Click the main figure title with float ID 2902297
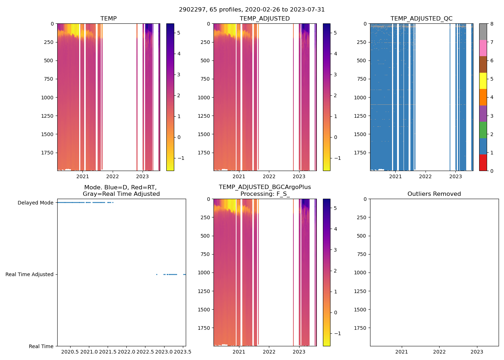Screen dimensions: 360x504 pos(252,9)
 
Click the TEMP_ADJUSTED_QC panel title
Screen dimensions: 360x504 pos(421,18)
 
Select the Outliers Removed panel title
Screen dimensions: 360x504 pos(434,194)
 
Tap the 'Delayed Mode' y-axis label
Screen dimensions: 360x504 pos(35,203)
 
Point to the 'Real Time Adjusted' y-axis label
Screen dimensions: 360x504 pos(29,274)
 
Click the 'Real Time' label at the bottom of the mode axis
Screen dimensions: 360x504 pos(41,346)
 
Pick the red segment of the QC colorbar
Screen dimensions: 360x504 pos(483,163)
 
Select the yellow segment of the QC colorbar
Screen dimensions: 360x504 pos(483,81)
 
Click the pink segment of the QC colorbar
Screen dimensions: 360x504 pos(483,48)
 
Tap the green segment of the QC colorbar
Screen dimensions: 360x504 pos(483,130)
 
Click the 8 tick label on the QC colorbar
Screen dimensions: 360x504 pos(492,24)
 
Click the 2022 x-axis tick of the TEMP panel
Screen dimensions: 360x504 pos(112,176)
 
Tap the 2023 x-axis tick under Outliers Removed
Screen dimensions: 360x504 pos(477,352)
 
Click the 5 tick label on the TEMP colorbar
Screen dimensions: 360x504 pos(179,33)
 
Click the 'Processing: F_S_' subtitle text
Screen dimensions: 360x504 pos(265,194)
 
